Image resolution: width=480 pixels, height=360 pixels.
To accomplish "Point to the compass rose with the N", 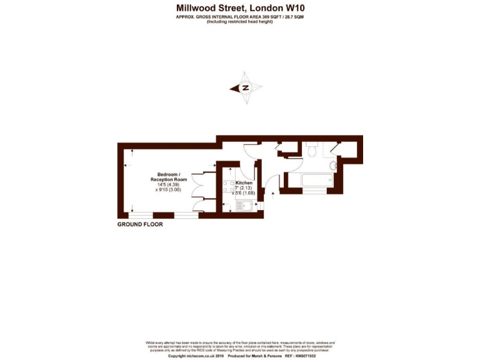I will click(x=246, y=88).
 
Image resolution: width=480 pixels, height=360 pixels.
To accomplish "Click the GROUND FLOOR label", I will click(x=140, y=224).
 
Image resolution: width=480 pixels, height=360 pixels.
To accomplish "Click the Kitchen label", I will click(x=244, y=183).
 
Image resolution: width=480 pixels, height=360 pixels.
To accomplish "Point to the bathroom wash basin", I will click(x=332, y=166).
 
